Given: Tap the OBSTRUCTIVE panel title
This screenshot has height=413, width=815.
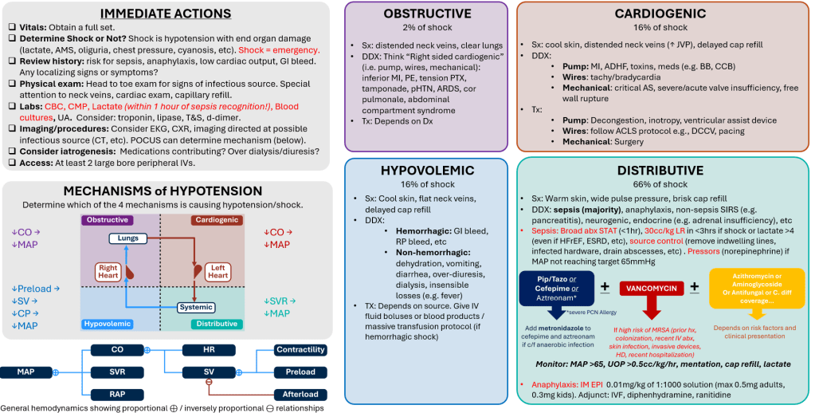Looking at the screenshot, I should (426, 14).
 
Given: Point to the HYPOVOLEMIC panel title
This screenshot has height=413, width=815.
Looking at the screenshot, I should (426, 170).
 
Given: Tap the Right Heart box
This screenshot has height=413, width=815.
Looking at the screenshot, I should (108, 272).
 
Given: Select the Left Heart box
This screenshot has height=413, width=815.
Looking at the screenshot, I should (217, 272).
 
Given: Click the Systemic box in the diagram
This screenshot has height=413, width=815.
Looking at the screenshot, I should (195, 307).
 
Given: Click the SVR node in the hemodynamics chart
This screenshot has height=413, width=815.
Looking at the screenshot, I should (117, 372).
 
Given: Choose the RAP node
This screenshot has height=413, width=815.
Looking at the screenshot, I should (117, 394).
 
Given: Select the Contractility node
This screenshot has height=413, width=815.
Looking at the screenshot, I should (300, 349).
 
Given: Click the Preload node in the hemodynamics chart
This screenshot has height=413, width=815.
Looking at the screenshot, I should (300, 372).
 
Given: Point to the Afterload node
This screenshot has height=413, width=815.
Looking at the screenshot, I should (300, 394).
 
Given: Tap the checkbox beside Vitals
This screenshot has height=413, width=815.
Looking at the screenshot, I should (12, 27).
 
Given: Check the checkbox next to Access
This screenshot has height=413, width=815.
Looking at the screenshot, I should (12, 163).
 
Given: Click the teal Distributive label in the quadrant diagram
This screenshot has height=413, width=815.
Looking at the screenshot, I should (215, 324).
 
